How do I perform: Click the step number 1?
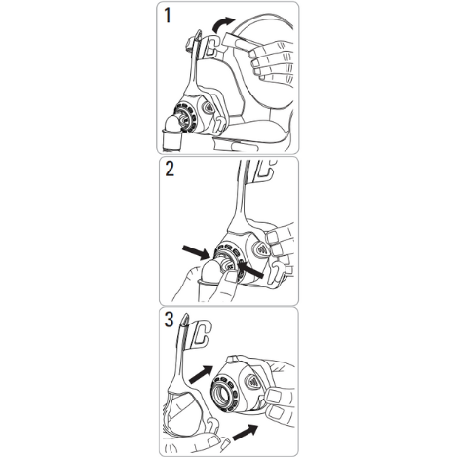click(x=168, y=16)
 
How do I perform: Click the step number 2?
click(x=170, y=169)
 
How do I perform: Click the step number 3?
click(x=170, y=320)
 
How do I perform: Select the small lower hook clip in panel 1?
click(x=219, y=124)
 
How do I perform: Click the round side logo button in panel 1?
click(x=209, y=107)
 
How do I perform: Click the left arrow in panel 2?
click(x=195, y=252)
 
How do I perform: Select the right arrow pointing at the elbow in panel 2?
click(x=250, y=269)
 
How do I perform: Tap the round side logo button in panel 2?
click(x=260, y=248)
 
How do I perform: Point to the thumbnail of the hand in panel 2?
click(x=232, y=277)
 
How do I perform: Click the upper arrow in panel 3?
click(x=201, y=374)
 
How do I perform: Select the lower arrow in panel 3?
click(x=246, y=433)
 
